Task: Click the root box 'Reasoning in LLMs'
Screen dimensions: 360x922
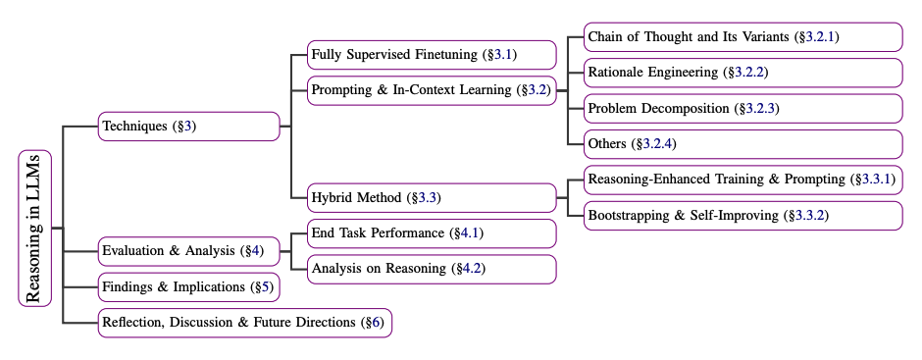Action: click(34, 229)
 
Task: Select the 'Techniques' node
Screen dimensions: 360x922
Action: click(189, 127)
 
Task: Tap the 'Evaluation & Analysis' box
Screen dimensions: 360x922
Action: click(189, 251)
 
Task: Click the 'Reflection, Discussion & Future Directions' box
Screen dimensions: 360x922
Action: click(245, 323)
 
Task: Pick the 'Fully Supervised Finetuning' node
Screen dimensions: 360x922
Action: click(432, 54)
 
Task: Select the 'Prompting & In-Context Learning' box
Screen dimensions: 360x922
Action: click(432, 90)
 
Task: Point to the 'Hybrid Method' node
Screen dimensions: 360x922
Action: click(432, 198)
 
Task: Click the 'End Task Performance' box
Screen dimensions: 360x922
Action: click(432, 233)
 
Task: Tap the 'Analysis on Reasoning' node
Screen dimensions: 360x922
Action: click(432, 269)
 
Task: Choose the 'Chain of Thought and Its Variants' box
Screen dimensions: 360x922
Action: click(743, 37)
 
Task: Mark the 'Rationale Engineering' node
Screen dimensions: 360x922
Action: click(743, 73)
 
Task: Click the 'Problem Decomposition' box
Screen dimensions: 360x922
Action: click(743, 108)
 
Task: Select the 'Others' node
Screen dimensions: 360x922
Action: click(743, 144)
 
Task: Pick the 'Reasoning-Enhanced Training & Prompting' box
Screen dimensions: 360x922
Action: click(743, 180)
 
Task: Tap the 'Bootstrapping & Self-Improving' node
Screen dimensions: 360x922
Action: click(743, 215)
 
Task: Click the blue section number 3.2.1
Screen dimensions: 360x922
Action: click(820, 37)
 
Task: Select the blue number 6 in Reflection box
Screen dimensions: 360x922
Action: click(374, 323)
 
